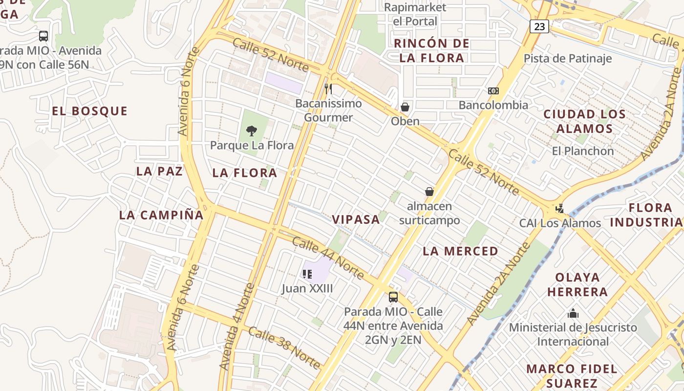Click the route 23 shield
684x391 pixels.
539,26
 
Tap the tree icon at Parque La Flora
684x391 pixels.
252,130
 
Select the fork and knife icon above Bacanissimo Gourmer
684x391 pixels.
328,89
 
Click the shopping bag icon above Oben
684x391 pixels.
405,107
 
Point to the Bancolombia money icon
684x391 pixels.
493,91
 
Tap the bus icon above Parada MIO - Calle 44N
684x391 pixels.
393,297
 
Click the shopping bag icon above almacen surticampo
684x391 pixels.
429,192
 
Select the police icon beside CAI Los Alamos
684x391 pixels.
560,209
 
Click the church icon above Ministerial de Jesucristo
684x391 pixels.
573,313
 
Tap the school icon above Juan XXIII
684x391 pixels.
307,274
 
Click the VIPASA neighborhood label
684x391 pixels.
356,219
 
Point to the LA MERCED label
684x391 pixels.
460,251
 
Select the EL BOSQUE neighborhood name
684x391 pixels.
89,111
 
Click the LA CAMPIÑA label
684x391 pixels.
161,215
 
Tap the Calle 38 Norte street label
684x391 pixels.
285,348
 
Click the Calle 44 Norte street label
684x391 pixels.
328,258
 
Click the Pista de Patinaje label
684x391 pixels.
568,59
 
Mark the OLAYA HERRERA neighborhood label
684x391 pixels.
577,284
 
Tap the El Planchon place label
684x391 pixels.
583,151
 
